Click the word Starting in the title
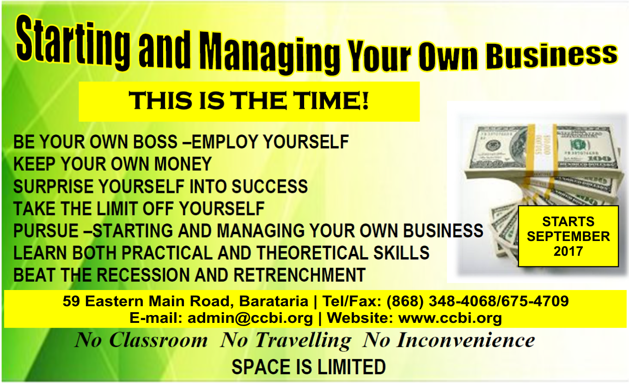[73, 42]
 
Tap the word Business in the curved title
[551, 56]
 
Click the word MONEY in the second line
[183, 164]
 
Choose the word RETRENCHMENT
[299, 275]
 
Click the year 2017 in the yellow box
[568, 251]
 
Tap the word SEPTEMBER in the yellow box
[568, 237]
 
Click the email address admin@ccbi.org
[250, 318]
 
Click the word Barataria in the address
[274, 301]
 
